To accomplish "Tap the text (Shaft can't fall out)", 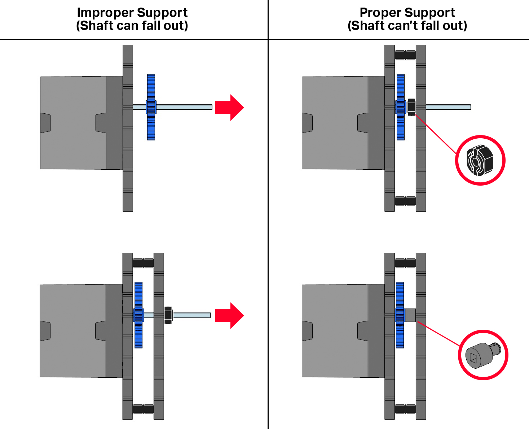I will (x=407, y=26).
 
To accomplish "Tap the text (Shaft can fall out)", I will (x=132, y=26).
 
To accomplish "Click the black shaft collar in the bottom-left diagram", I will (x=168, y=315).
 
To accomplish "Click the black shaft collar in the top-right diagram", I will (x=411, y=107).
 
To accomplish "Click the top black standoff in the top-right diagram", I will (x=405, y=55).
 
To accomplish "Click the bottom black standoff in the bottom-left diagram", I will (x=143, y=409).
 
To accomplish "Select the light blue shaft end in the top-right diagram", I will (x=448, y=107).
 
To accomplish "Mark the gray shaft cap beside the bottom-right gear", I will (x=410, y=315).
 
